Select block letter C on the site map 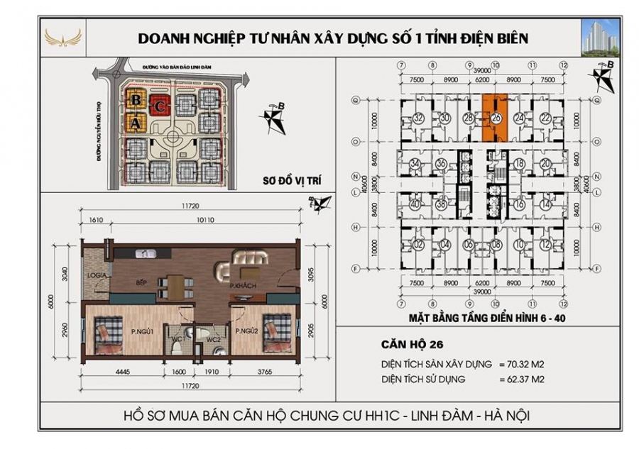161,106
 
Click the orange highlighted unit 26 496,118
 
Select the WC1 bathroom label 178,338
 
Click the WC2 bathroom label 210,339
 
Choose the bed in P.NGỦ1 109,333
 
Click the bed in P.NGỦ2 275,332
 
